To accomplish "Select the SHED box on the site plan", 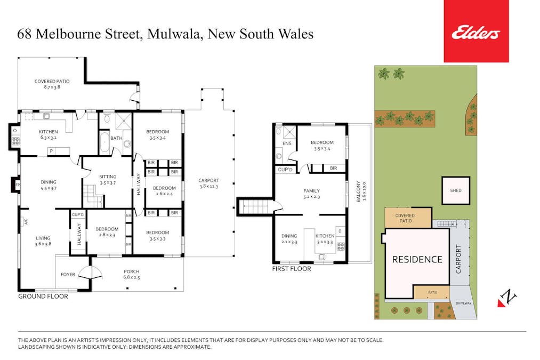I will point(456,190).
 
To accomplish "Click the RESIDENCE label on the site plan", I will point(417,260).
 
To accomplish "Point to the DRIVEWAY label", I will point(463,303).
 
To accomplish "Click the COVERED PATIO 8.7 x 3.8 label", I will point(52,84).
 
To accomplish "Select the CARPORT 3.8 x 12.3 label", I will point(208,183).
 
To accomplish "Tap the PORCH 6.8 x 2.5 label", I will point(131,274).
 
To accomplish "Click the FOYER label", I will point(68,275).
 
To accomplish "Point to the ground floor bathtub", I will point(103,144).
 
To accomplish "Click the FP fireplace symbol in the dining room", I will point(17,185).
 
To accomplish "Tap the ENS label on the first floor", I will point(286,143).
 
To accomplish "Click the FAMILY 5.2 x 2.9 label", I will point(311,193).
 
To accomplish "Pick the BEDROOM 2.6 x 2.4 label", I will point(164,191).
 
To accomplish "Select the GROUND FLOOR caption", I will point(43,296).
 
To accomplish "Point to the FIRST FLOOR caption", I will point(292,269).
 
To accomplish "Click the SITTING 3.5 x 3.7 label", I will point(108,180).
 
